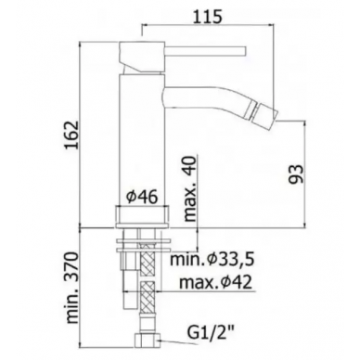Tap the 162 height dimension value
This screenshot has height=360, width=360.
[x=71, y=135]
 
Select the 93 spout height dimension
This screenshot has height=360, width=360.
[x=296, y=174]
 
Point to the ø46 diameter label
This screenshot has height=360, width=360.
[x=142, y=197]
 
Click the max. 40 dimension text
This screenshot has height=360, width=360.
[x=189, y=188]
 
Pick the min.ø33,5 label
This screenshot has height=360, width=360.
[x=212, y=260]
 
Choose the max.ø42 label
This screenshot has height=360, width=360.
[x=215, y=282]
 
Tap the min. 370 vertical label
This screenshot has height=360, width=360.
[x=73, y=288]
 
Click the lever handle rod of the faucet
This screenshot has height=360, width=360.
[x=204, y=51]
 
